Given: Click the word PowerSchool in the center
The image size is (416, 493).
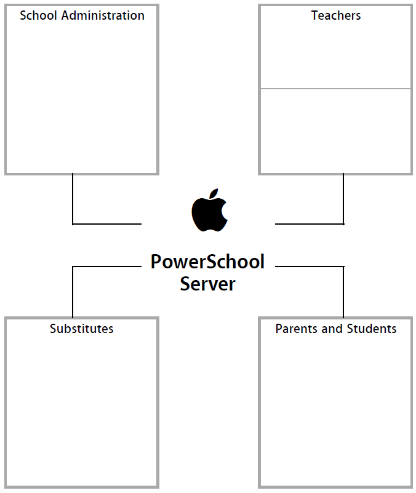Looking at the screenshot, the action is [207, 262].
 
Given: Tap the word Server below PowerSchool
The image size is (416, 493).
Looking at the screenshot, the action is [207, 284].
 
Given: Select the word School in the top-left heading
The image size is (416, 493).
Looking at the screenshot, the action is [38, 15].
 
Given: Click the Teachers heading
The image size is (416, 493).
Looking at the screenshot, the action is [336, 15].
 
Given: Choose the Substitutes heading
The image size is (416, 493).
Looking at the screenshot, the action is [81, 329].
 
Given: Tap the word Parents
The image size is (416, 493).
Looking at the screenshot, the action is [295, 329].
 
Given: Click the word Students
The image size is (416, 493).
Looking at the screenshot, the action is [371, 329].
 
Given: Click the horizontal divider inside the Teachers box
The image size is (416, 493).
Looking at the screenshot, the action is [335, 89].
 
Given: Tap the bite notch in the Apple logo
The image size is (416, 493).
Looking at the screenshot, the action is [225, 209].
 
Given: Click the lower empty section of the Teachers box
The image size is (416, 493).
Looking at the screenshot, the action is [335, 130].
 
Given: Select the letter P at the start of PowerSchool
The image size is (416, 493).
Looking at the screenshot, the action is [156, 262].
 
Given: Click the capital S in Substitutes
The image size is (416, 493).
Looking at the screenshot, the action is [54, 329].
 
